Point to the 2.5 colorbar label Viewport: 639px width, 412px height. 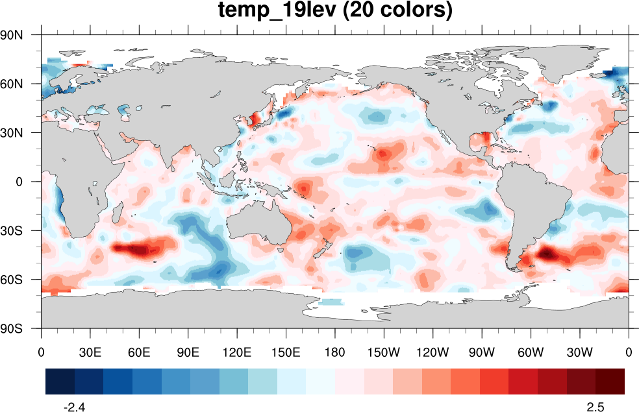[x=595, y=407]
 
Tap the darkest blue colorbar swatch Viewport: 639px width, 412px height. [x=60, y=382]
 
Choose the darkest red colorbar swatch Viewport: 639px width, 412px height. [x=610, y=382]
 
